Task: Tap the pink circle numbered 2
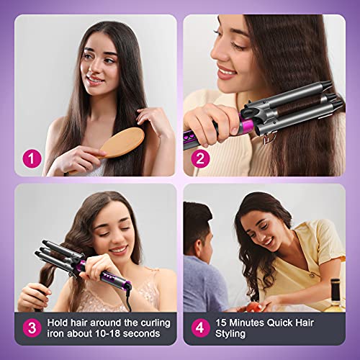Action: tap(199, 157)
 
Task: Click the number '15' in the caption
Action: tap(222, 323)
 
